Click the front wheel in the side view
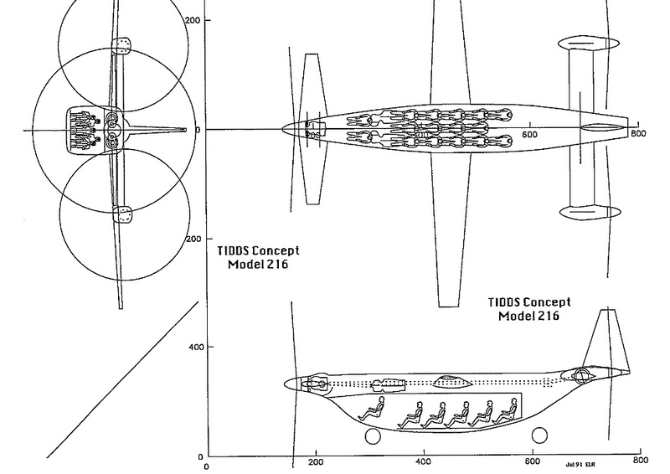point(370,436)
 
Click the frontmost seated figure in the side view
point(372,410)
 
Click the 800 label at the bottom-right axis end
point(640,461)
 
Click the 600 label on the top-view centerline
point(529,134)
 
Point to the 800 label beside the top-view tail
point(638,134)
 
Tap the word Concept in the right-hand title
point(544,302)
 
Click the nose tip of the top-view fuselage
point(284,129)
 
